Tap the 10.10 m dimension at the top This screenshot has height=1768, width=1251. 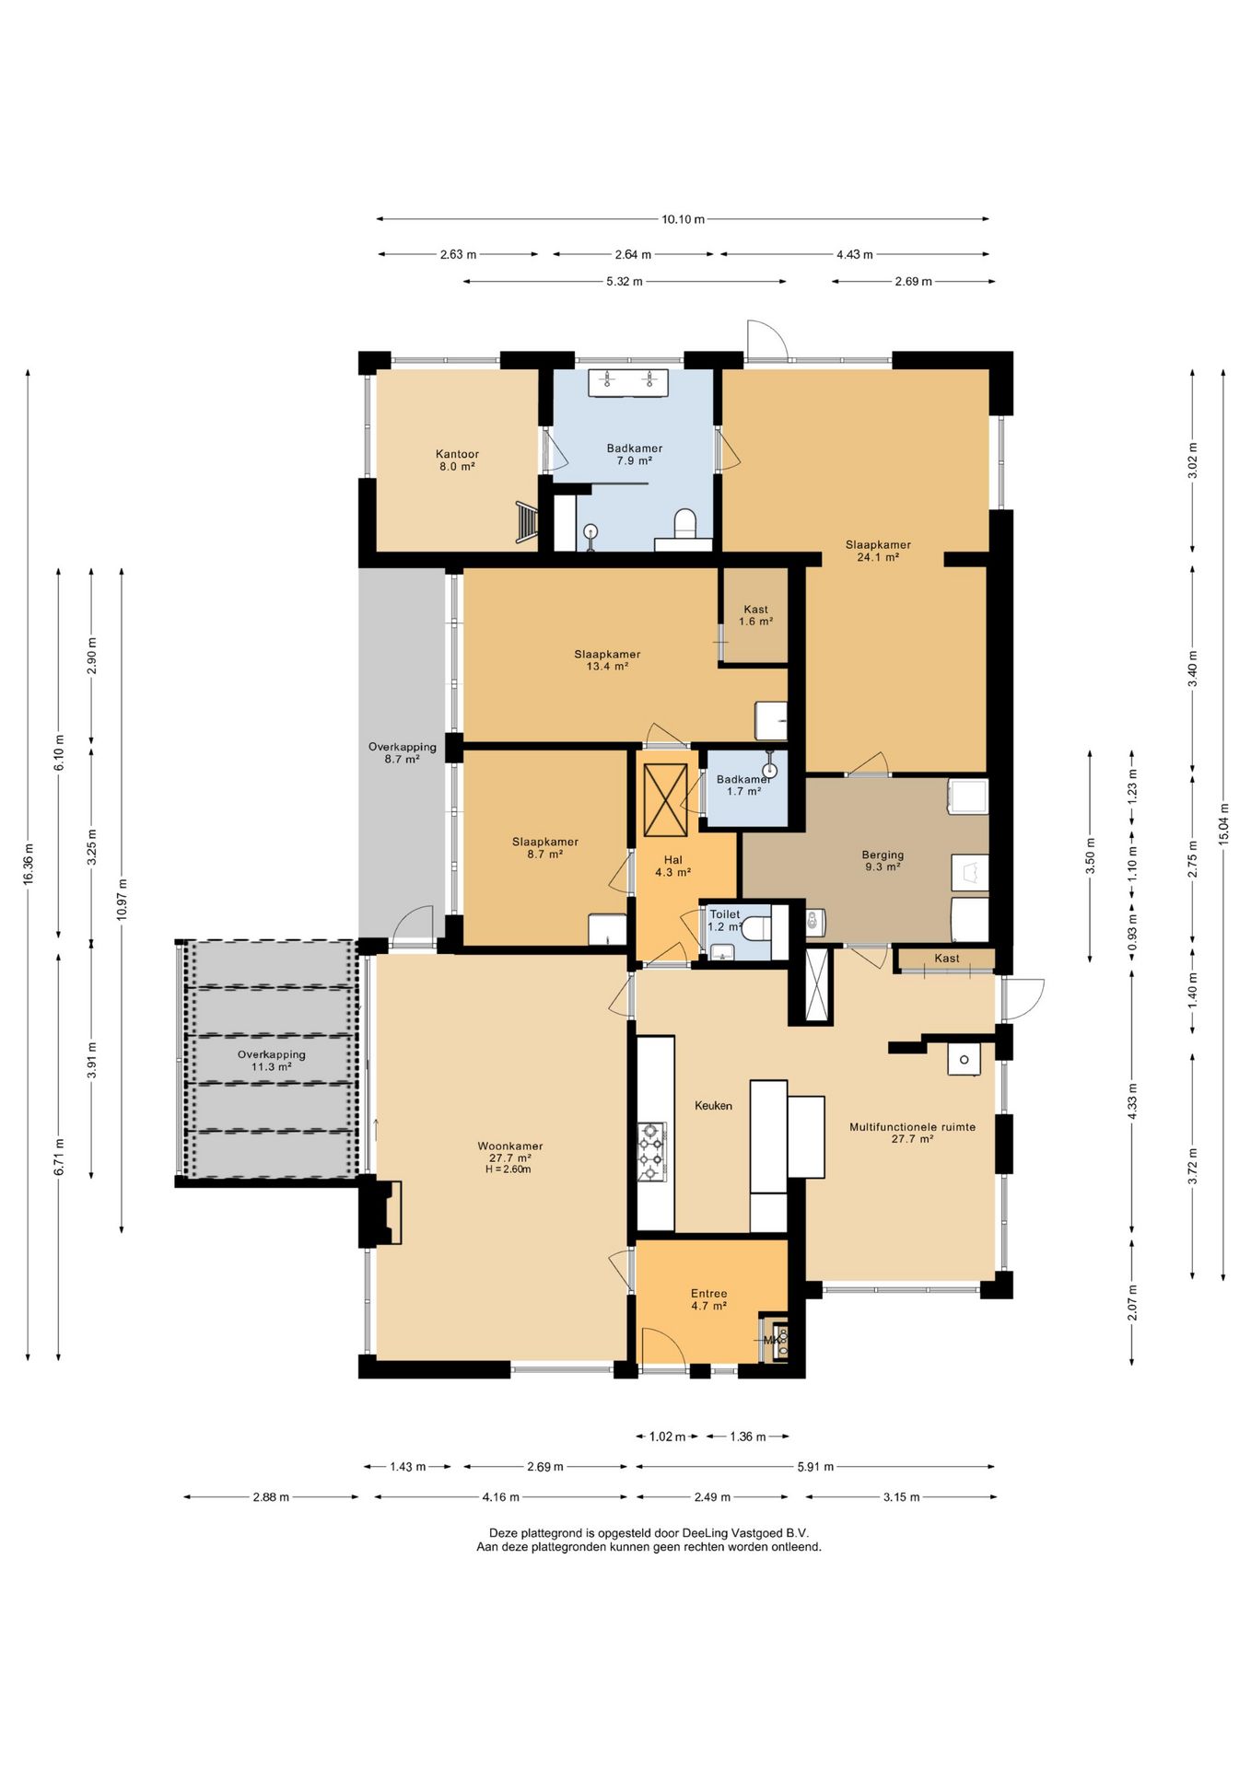[x=683, y=219]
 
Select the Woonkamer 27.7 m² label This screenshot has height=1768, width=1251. [x=509, y=1152]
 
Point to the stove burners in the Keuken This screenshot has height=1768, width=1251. [x=652, y=1151]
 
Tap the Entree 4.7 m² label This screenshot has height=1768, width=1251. [x=708, y=1299]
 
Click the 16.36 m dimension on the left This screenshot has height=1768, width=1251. [x=29, y=864]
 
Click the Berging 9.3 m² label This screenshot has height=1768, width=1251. [x=883, y=860]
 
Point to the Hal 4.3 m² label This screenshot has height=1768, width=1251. [x=673, y=866]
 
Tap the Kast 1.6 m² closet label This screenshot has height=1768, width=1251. [x=755, y=615]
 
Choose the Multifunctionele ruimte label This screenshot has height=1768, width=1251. [x=912, y=1126]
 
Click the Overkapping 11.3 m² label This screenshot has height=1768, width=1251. [x=271, y=1061]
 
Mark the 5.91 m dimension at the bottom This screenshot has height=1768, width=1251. [x=815, y=1467]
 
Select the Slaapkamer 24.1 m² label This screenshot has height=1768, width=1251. [x=878, y=551]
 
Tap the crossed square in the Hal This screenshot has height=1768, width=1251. [x=665, y=799]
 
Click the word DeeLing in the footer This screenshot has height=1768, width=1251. [x=705, y=1533]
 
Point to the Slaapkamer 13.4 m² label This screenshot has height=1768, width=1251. [x=607, y=660]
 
